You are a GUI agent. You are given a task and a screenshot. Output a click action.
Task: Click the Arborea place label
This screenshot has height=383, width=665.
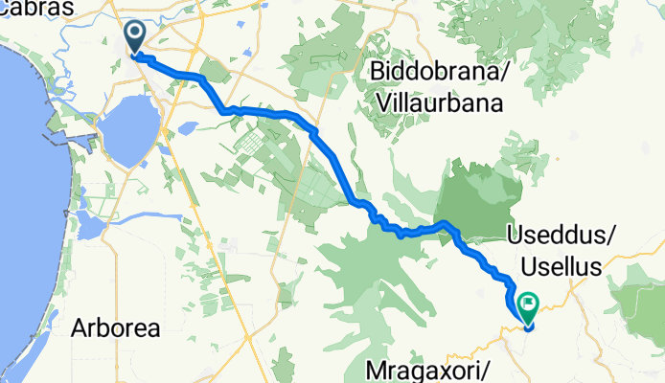116,327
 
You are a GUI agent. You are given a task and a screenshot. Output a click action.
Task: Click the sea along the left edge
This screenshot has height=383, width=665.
24,191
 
